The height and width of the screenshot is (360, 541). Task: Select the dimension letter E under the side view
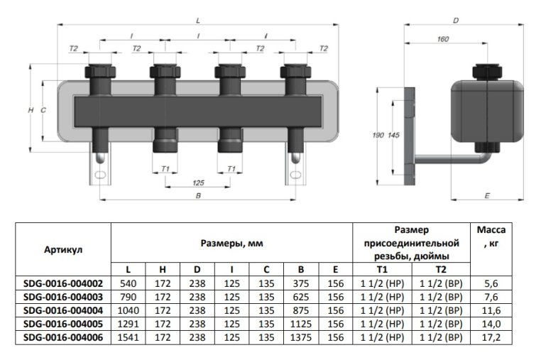click(486, 192)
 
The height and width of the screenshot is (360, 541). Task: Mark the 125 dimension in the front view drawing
click(198, 182)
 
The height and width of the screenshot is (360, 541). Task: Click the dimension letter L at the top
click(198, 20)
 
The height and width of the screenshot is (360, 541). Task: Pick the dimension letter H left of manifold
click(31, 111)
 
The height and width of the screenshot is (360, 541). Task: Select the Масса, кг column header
click(491, 237)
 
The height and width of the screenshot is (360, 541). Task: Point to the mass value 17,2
click(491, 337)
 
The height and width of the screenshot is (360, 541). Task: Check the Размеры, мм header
click(231, 244)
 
